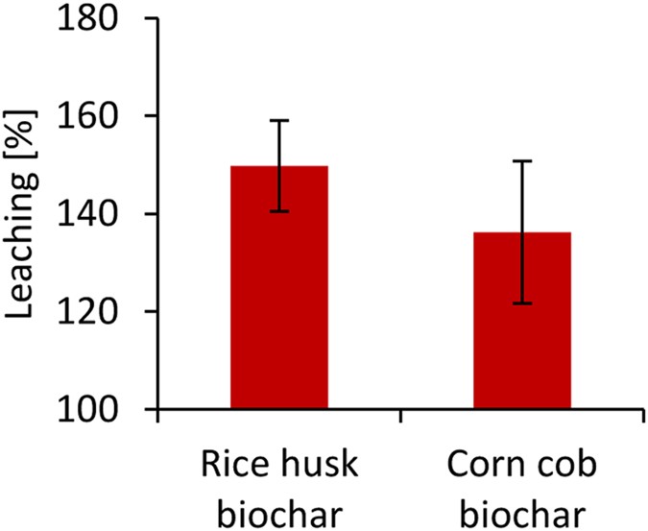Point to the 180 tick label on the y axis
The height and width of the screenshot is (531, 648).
[x=100, y=19]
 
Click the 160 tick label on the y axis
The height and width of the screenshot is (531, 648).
[x=100, y=117]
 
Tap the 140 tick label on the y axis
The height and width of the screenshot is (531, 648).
[x=100, y=215]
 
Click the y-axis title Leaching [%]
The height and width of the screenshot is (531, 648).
[x=22, y=214]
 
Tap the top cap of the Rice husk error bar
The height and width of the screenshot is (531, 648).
[x=279, y=120]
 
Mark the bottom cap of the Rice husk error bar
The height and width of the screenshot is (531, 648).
[x=279, y=211]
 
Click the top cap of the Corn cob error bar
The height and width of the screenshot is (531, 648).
[x=522, y=161]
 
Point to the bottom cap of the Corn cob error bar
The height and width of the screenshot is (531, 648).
[x=522, y=303]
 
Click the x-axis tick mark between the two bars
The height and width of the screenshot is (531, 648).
[x=400, y=416]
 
